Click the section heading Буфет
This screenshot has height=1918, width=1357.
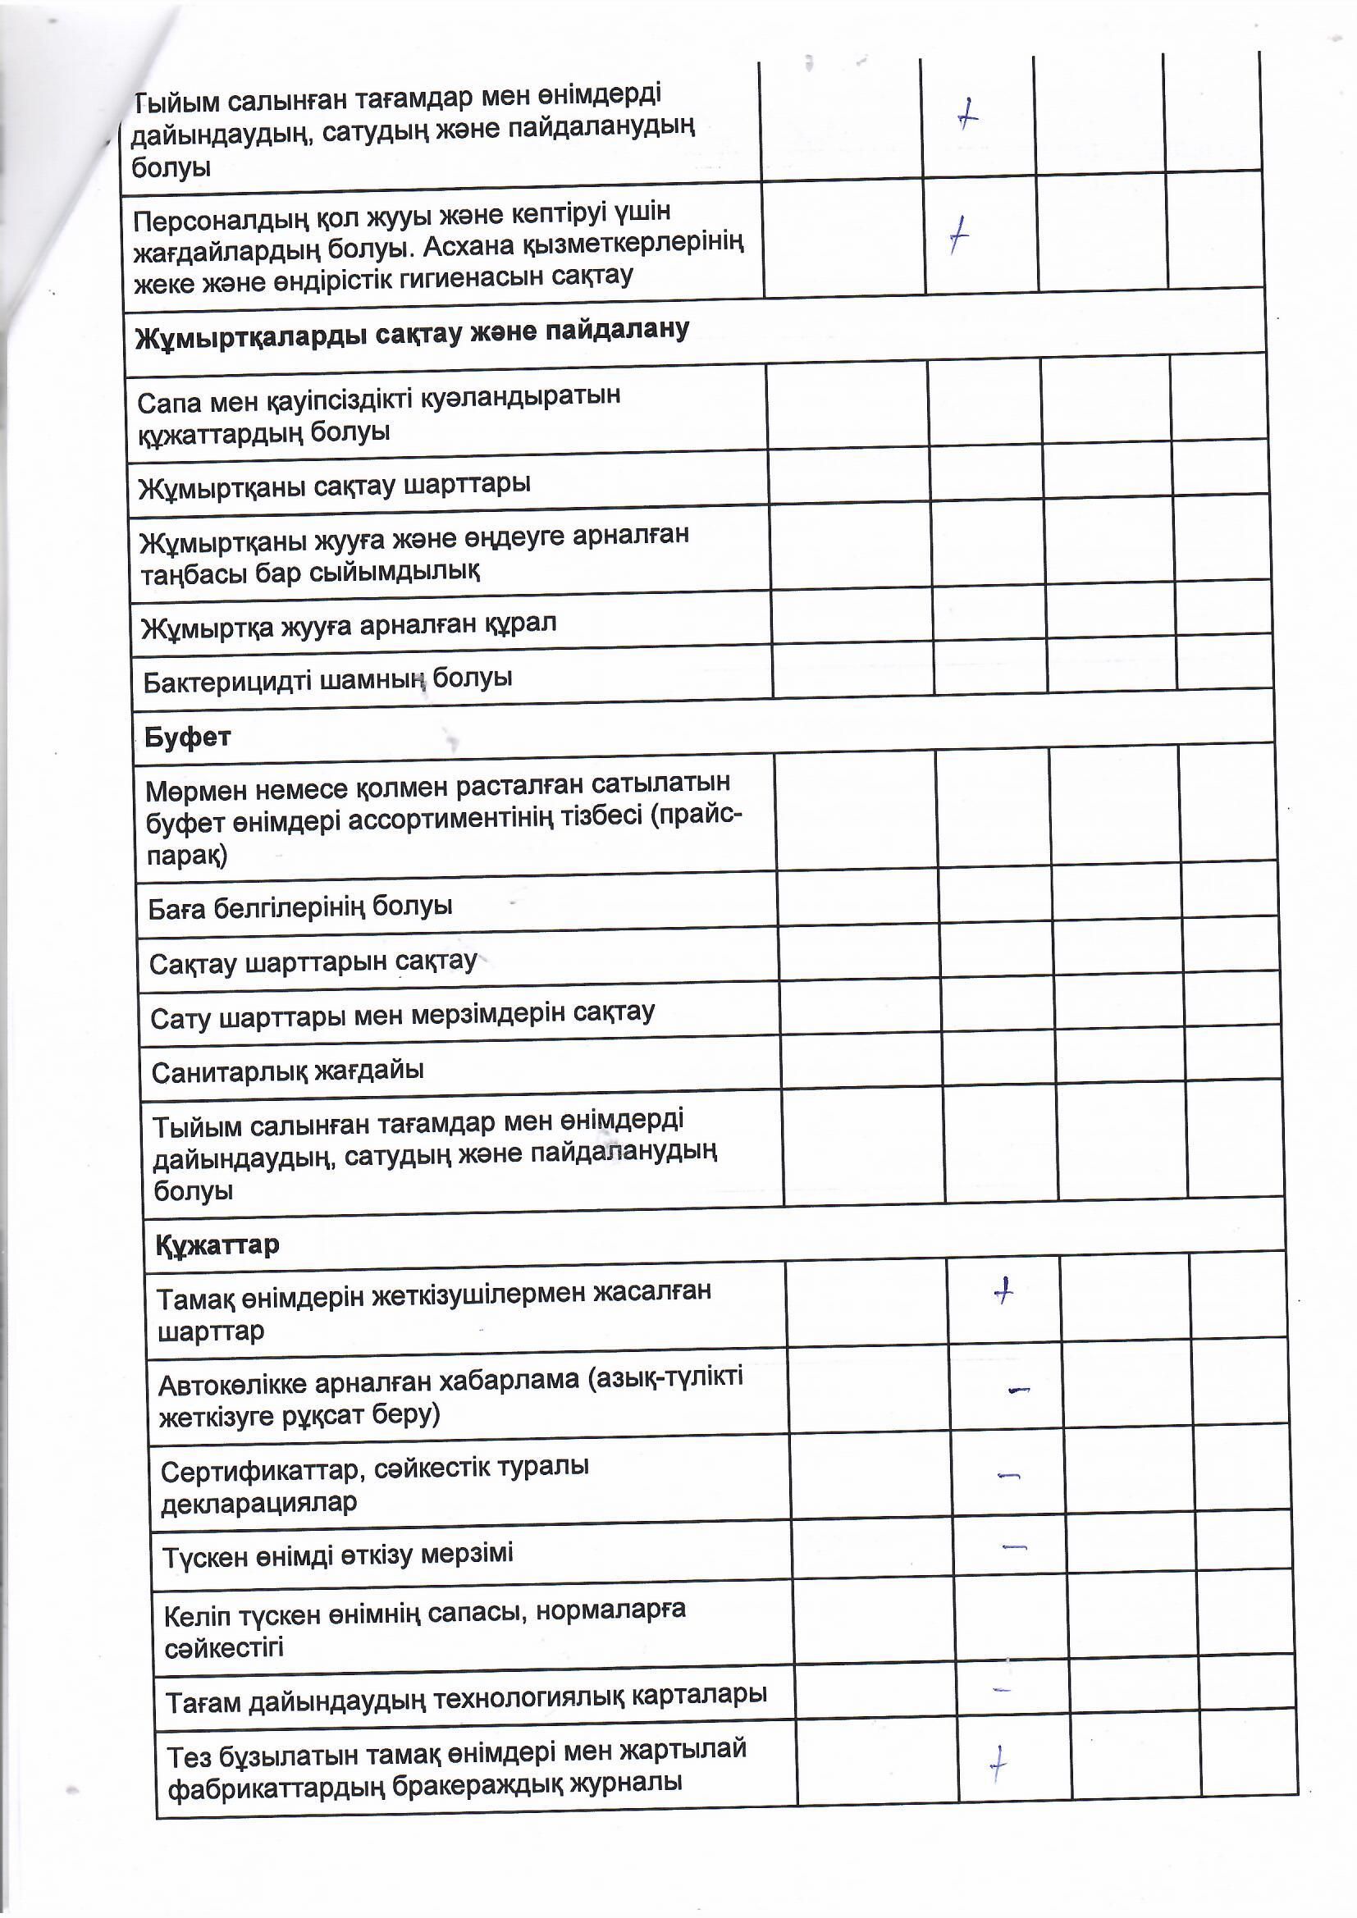[187, 738]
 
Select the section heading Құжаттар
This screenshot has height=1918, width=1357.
[217, 1245]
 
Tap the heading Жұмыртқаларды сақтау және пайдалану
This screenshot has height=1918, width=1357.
[412, 333]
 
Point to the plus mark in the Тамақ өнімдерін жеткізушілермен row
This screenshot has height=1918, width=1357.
[1003, 1291]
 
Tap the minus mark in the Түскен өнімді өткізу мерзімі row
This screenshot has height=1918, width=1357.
[1013, 1546]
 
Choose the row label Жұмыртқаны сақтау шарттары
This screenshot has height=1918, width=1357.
[334, 486]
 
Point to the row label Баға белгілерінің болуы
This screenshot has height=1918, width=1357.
[300, 907]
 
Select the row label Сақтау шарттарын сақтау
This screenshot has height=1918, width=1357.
[313, 963]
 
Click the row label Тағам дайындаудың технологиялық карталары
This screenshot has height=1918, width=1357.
[466, 1696]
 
